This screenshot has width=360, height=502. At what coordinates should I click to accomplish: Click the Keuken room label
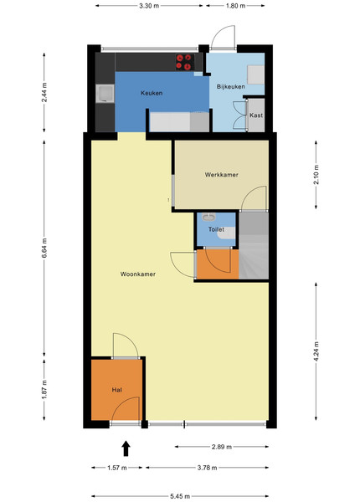point(152,93)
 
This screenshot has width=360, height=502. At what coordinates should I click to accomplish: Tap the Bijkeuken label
point(230,87)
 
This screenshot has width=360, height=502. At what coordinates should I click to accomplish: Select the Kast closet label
point(256,115)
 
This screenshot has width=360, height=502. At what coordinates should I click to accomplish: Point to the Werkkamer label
point(221,175)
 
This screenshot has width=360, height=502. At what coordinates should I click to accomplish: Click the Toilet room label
point(216,229)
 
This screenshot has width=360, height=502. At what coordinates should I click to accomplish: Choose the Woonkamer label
point(138,274)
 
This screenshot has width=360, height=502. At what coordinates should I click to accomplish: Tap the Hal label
point(117,390)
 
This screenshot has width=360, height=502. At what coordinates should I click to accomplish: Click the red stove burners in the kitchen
point(184,62)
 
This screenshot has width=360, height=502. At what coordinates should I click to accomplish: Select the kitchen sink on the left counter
point(105,94)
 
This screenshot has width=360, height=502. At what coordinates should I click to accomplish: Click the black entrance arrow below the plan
point(126,448)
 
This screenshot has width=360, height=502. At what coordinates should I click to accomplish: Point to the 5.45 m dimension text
point(180,496)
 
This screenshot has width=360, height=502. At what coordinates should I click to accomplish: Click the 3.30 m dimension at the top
point(149,6)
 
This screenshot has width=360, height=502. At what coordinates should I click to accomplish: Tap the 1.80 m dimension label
point(236,6)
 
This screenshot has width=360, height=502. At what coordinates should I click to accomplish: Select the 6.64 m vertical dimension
point(44,248)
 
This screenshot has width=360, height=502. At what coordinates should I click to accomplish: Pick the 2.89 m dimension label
point(222,447)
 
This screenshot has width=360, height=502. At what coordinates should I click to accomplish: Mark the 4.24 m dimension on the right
point(316,351)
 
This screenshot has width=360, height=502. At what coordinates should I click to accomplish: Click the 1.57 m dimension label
point(117,468)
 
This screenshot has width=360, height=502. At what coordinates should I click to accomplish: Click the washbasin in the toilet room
point(209,218)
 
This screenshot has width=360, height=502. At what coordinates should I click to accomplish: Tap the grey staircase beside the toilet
point(254,245)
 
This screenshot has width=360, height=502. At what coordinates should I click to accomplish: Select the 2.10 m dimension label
point(316,175)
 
